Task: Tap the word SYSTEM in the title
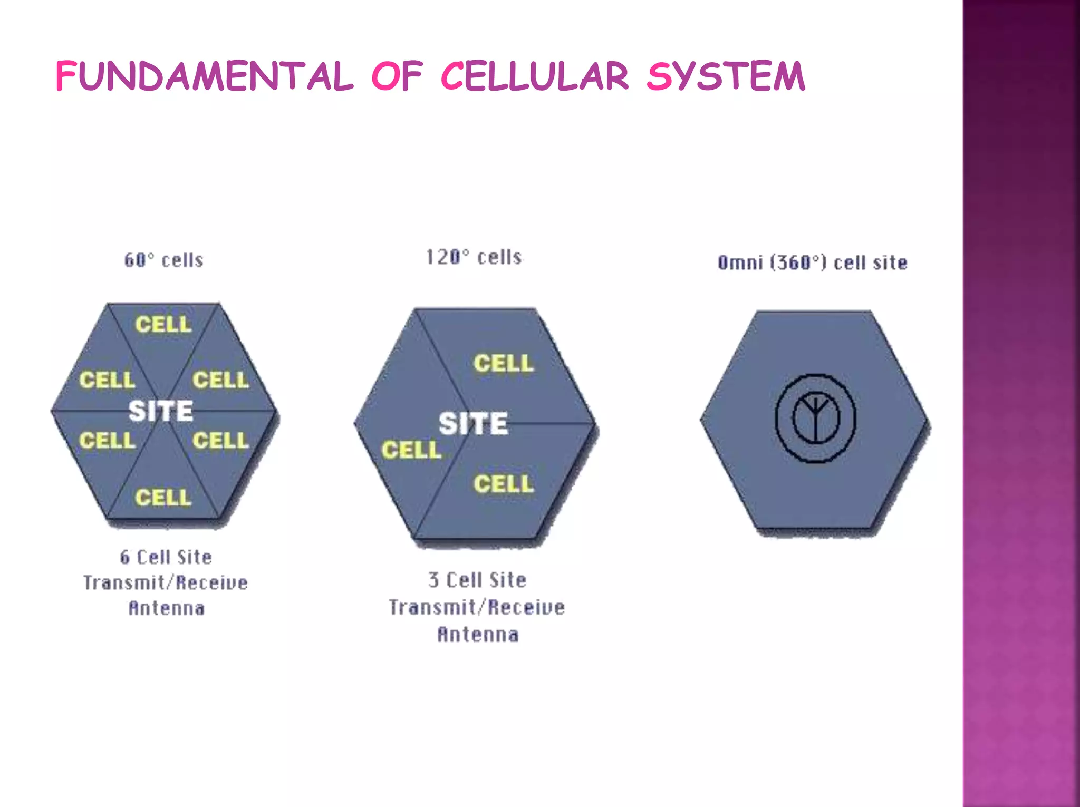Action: point(726,76)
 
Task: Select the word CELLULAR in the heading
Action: point(534,76)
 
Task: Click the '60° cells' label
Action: point(164,260)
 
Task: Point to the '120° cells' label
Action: point(474,257)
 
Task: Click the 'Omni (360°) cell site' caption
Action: point(812,262)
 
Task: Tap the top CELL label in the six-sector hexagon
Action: point(163,324)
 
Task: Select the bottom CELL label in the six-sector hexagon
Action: point(163,497)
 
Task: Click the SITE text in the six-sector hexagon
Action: point(161,411)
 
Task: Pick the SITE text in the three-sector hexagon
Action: point(473,423)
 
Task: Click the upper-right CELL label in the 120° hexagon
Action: point(504,363)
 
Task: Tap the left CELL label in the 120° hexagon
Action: point(411,450)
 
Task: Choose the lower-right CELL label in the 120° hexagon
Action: point(504,484)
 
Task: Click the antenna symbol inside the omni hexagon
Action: point(815,419)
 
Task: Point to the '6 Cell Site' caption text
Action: point(166,557)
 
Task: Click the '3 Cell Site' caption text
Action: point(477,580)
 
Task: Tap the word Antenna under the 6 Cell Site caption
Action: point(167,608)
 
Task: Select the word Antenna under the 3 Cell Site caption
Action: point(478,634)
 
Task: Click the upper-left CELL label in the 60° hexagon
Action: point(107,380)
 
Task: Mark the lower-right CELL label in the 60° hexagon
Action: point(220,441)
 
